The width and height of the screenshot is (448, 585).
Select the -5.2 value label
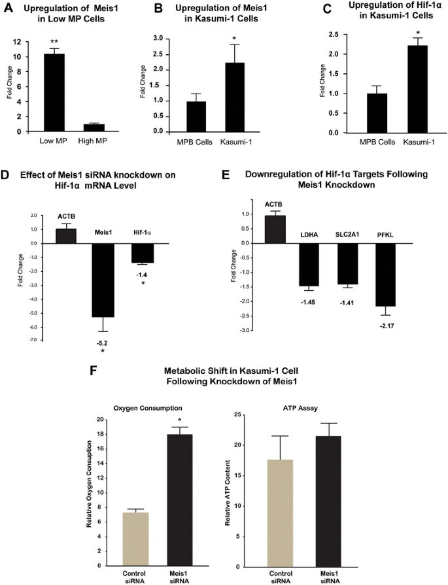pos(103,343)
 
